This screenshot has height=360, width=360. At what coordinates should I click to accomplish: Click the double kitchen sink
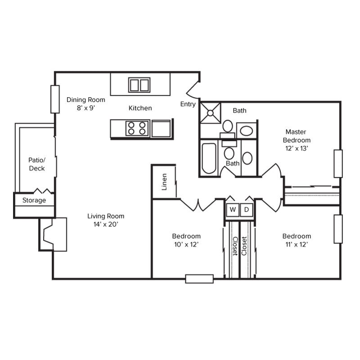click(x=139, y=85)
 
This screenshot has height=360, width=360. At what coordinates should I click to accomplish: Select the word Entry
click(x=188, y=104)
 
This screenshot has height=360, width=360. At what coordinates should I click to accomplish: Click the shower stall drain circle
click(x=211, y=112)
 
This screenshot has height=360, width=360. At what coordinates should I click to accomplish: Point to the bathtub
click(x=209, y=158)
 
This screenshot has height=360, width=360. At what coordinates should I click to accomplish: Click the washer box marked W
click(x=233, y=209)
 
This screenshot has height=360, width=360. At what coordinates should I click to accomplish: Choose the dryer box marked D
click(x=247, y=209)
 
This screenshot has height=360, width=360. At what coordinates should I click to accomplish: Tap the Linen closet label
click(x=164, y=182)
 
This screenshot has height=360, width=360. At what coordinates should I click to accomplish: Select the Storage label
click(x=34, y=200)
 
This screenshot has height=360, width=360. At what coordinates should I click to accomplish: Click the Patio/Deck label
click(x=36, y=164)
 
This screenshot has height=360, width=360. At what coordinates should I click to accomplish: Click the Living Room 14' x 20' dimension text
click(x=106, y=224)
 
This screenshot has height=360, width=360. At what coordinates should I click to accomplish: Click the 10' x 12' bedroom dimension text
click(x=186, y=244)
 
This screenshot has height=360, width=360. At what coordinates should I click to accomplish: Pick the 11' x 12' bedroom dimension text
click(x=297, y=244)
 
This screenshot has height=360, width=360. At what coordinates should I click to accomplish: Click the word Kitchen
click(x=140, y=108)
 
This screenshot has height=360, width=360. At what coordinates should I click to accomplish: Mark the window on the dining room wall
click(x=55, y=99)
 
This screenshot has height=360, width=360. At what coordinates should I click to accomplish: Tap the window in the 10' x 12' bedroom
click(x=199, y=279)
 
